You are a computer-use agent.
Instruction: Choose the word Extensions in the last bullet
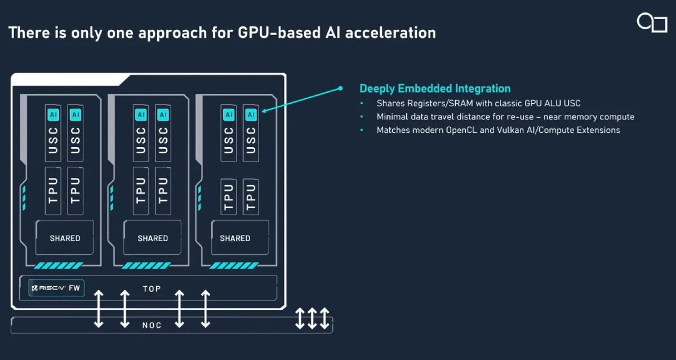click(598, 130)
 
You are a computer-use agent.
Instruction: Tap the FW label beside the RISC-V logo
click(74, 288)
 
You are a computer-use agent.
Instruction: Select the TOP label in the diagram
click(152, 288)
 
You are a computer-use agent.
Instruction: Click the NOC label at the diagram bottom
click(152, 325)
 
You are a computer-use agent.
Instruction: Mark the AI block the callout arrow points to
click(251, 114)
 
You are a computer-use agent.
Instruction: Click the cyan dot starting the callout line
click(340, 88)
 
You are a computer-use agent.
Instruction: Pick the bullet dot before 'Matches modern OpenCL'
click(362, 130)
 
